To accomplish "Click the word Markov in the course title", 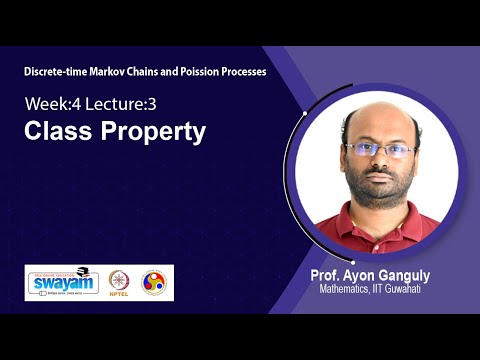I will click(119, 72).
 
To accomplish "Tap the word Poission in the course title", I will click(197, 72).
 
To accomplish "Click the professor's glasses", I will click(381, 150).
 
